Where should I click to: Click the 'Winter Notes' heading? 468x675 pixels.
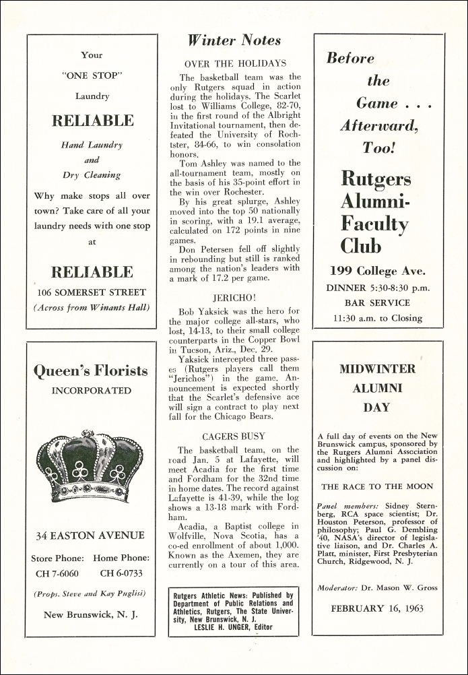pyautogui.click(x=234, y=40)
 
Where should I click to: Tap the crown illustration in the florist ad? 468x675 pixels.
pyautogui.click(x=90, y=467)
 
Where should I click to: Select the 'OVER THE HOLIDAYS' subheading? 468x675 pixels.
pyautogui.click(x=235, y=63)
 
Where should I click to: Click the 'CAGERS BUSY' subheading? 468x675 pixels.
pyautogui.click(x=234, y=436)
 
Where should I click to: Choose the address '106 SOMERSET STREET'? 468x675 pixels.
pyautogui.click(x=92, y=292)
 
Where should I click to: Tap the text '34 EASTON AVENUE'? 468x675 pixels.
pyautogui.click(x=90, y=536)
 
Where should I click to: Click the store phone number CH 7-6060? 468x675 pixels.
pyautogui.click(x=57, y=573)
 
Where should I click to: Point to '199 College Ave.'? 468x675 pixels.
pyautogui.click(x=377, y=271)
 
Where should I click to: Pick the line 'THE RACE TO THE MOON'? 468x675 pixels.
pyautogui.click(x=377, y=486)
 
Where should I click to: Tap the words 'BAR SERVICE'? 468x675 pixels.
pyautogui.click(x=377, y=303)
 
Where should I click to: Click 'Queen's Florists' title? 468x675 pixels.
pyautogui.click(x=90, y=371)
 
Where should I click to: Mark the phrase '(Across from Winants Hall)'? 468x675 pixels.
pyautogui.click(x=92, y=308)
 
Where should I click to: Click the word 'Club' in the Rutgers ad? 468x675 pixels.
pyautogui.click(x=361, y=246)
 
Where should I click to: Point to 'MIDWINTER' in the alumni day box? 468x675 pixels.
pyautogui.click(x=377, y=369)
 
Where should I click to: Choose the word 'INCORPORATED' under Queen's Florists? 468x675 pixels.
pyautogui.click(x=91, y=391)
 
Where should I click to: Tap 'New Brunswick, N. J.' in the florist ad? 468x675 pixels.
pyautogui.click(x=91, y=614)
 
